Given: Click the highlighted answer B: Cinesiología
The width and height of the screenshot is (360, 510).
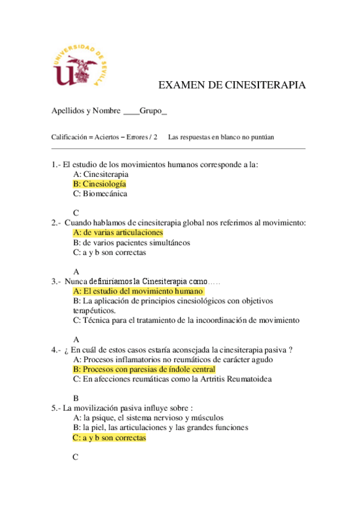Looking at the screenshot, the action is tap(99, 184).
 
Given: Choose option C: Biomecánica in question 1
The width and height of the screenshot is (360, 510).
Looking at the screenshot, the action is tap(100, 194).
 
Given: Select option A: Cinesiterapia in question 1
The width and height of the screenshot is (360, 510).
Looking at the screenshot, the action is tap(100, 174).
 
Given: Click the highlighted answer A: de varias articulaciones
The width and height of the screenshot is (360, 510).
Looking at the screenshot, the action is tap(117, 232).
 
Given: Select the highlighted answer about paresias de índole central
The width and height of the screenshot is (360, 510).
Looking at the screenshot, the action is tap(144, 369).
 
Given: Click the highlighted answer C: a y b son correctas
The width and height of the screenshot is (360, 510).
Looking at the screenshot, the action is tap(109, 438).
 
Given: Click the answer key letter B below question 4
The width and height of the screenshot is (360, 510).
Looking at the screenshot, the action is tap(76, 398).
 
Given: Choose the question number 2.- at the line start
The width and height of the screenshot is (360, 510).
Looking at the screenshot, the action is tap(56, 223).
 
